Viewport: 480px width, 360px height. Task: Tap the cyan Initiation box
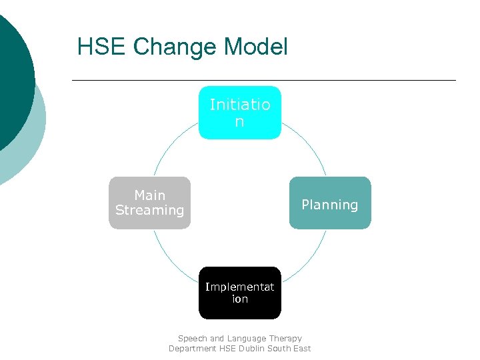coord(240,113)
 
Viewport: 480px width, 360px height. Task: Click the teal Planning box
coord(329,203)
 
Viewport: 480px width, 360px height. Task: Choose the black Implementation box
coord(240,293)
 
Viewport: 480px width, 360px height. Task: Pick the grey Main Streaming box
coord(149,203)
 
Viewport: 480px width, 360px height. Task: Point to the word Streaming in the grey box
coord(149,210)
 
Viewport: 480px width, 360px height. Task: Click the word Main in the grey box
coord(149,195)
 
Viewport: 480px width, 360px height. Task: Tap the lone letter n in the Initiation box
coord(239,122)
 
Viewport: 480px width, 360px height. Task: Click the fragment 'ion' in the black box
coord(240,299)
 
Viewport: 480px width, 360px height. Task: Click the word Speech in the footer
coord(193,339)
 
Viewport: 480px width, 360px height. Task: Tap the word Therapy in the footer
coord(286,339)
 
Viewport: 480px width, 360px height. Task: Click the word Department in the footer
coord(192,348)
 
